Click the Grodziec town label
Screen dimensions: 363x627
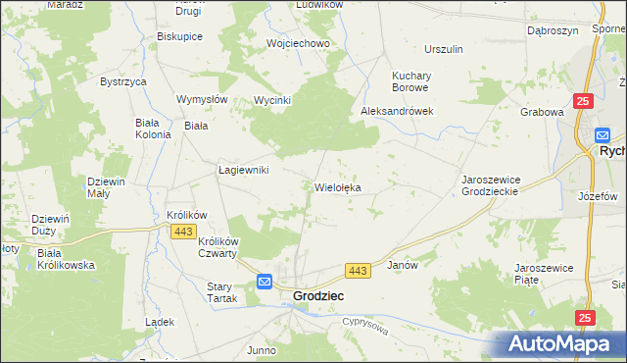coord(318,295)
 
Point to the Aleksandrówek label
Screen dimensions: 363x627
coord(397,112)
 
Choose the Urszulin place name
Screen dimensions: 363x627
coord(443,49)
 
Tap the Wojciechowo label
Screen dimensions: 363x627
coord(299,44)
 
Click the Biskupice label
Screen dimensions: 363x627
coord(179,36)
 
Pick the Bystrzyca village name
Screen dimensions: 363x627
coord(122,81)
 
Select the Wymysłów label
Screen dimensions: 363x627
coord(202,99)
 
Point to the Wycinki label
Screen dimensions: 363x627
coord(272,100)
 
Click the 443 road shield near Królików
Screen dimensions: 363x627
coord(181,231)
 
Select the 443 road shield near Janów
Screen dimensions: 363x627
coord(357,270)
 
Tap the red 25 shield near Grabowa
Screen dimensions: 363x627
coord(584,101)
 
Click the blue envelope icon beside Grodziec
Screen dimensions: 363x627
coord(265,283)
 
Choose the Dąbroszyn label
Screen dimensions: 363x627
coord(548,30)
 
